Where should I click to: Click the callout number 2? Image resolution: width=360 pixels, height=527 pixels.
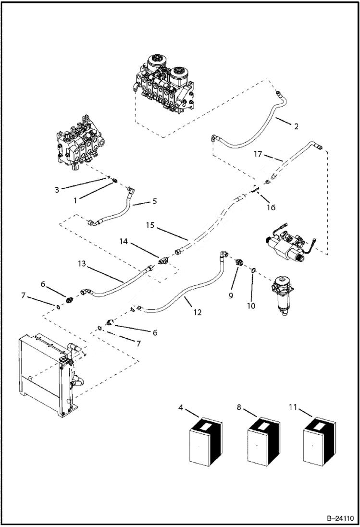(296, 127)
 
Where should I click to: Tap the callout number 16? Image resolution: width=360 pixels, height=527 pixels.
(271, 208)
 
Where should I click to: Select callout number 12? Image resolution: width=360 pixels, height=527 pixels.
(198, 312)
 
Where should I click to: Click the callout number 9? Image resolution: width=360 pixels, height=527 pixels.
(231, 295)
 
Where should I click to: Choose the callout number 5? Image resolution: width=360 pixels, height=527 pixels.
(154, 201)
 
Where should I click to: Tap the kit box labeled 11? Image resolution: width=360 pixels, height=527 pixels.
(319, 442)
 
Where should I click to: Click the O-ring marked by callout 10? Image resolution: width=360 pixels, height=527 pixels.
(252, 271)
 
